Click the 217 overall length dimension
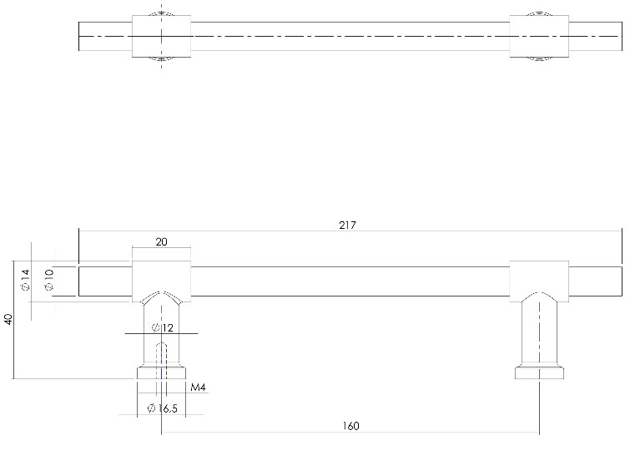(347, 225)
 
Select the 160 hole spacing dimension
(350, 426)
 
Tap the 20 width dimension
(161, 242)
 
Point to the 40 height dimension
(8, 319)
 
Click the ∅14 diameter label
(25, 280)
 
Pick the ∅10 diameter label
(49, 280)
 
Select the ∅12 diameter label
(163, 327)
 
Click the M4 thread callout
(198, 388)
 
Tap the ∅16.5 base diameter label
(162, 408)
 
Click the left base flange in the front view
(161, 373)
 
